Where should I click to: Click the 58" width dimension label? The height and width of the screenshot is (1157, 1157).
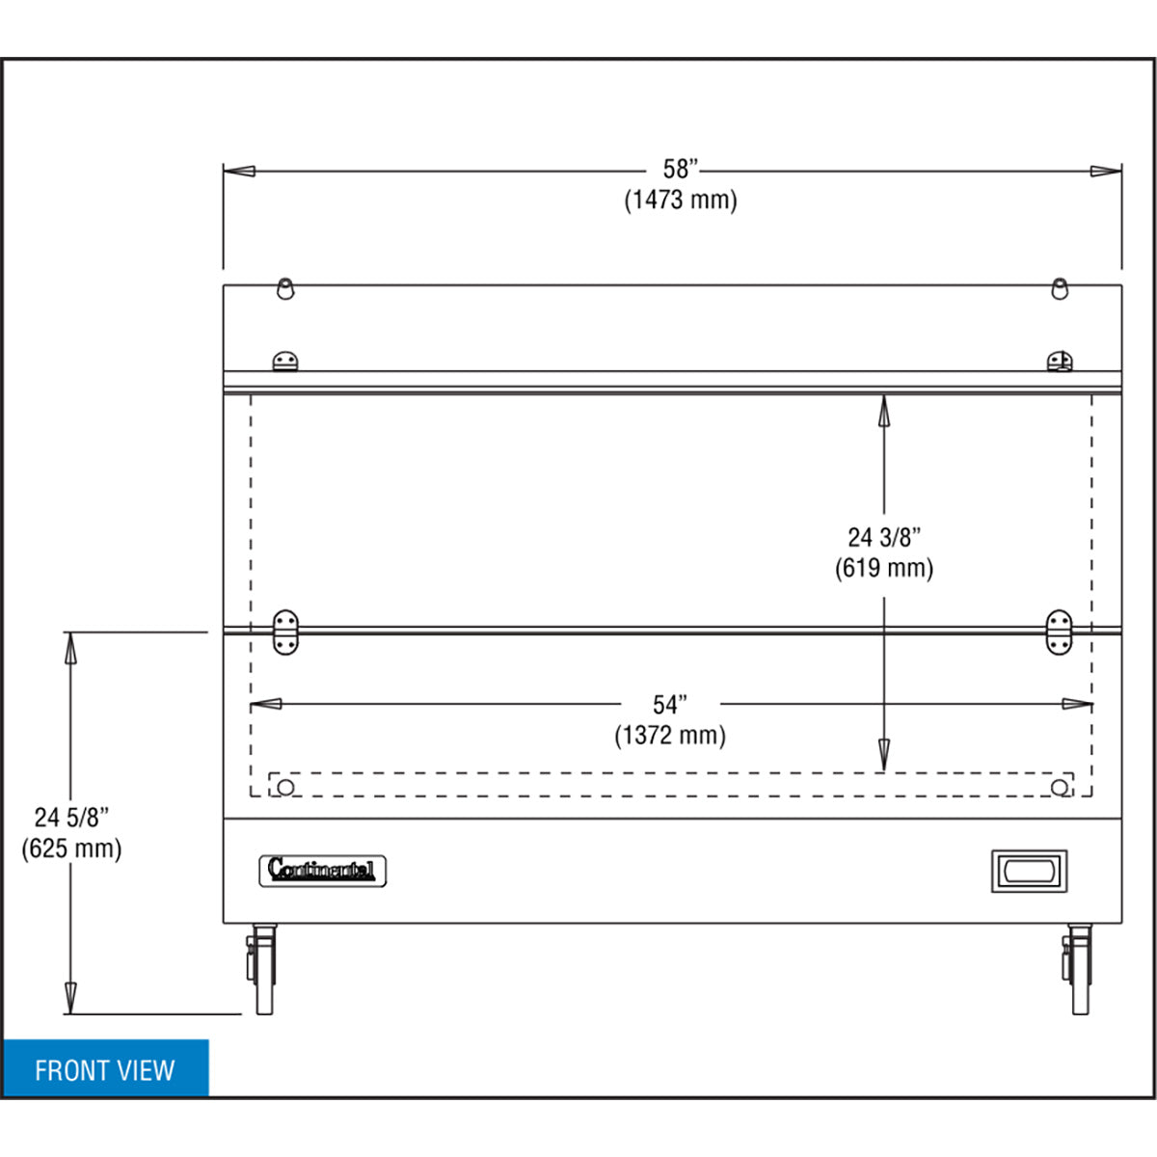pyautogui.click(x=681, y=170)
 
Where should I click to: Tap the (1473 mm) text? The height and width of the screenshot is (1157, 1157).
pyautogui.click(x=681, y=200)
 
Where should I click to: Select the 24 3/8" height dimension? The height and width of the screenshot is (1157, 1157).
pyautogui.click(x=884, y=537)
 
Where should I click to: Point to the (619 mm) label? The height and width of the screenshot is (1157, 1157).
pyautogui.click(x=884, y=568)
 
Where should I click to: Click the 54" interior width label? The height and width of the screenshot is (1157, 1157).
pyautogui.click(x=670, y=705)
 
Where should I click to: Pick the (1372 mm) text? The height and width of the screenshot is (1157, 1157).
pyautogui.click(x=670, y=736)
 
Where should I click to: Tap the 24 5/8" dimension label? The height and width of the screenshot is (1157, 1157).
pyautogui.click(x=72, y=818)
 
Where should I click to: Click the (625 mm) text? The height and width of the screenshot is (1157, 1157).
pyautogui.click(x=72, y=848)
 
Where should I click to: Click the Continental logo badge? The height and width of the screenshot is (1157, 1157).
pyautogui.click(x=322, y=872)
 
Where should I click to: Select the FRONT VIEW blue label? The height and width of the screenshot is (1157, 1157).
pyautogui.click(x=106, y=1070)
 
